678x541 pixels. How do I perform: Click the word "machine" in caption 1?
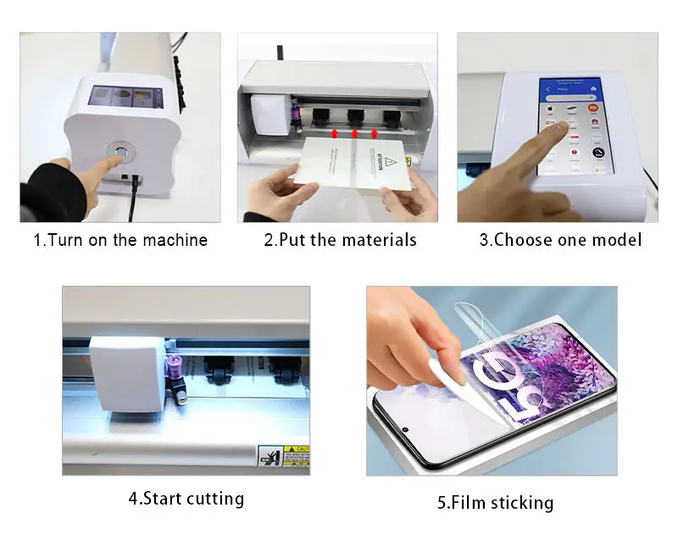click(x=175, y=240)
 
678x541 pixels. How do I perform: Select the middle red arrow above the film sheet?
click(x=354, y=133)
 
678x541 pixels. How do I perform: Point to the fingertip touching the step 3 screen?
click(x=555, y=127)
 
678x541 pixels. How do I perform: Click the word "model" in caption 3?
click(x=617, y=240)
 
